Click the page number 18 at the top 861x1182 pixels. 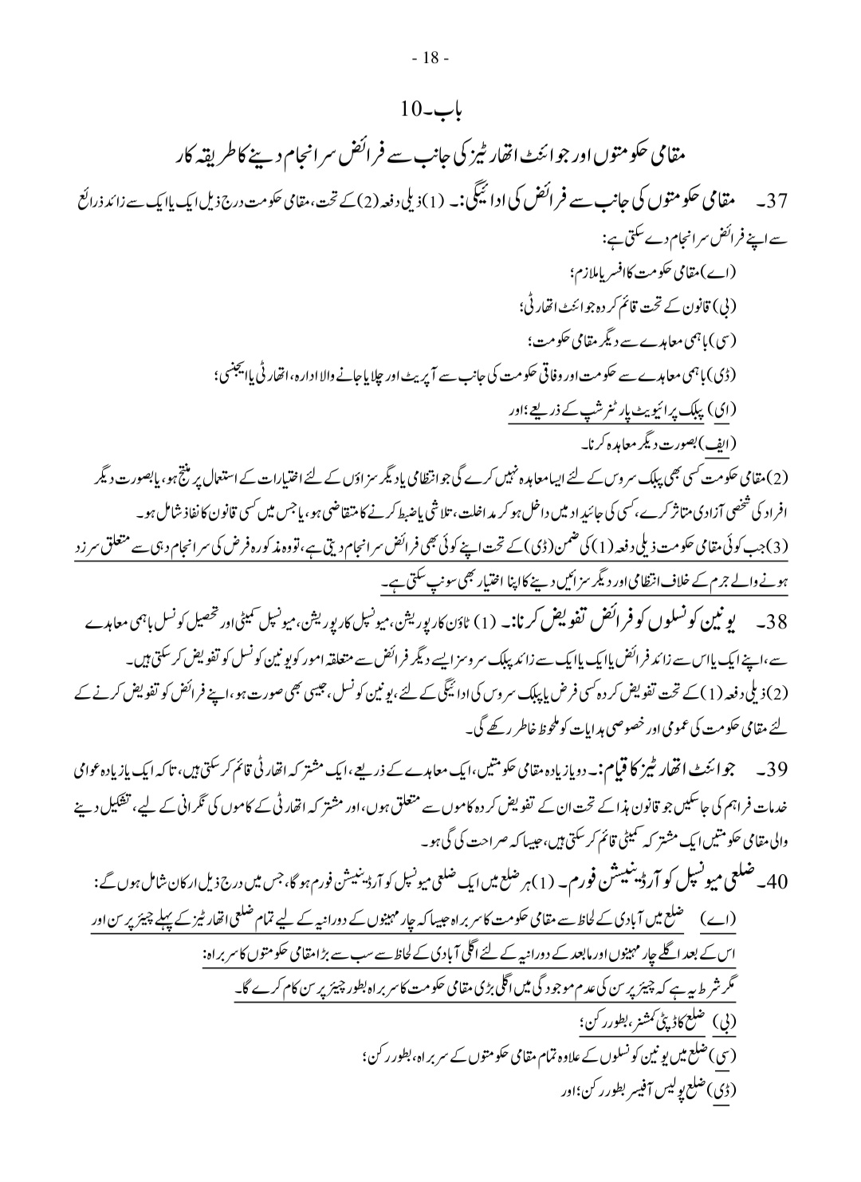[x=431, y=57]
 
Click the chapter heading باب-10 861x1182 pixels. [x=431, y=107]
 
